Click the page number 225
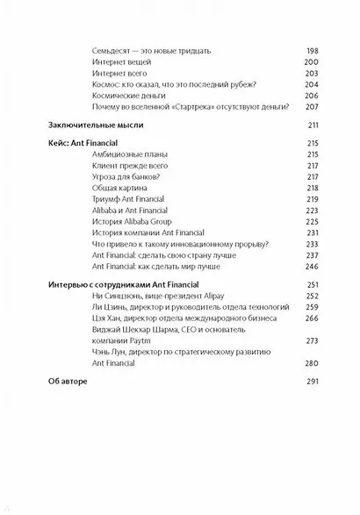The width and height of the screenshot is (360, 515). click(310, 225)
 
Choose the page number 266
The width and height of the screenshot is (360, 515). click(310, 322)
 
